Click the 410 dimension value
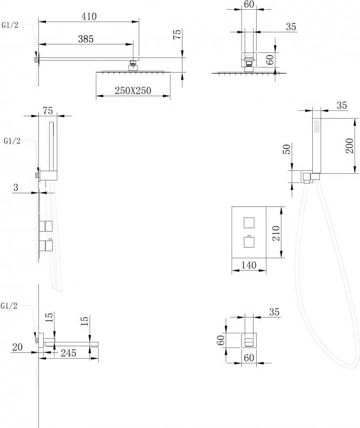tap(89, 17)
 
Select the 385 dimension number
tap(86, 39)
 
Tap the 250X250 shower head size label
tap(133, 91)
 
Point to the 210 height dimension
tap(276, 233)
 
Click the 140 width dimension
tap(249, 265)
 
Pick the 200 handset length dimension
tap(350, 146)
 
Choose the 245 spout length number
tap(68, 353)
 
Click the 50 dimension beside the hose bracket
tap(287, 149)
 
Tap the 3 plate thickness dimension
tap(15, 187)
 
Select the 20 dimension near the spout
tap(18, 347)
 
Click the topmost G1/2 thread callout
tap(10, 25)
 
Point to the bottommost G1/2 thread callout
tap(9, 306)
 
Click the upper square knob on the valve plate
tap(249, 223)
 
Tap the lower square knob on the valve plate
tap(249, 242)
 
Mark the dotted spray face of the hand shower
tap(317, 126)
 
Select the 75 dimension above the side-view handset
tap(48, 111)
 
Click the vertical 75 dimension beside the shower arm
tap(177, 34)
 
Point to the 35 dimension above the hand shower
tap(342, 105)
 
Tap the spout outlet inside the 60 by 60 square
tap(249, 342)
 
